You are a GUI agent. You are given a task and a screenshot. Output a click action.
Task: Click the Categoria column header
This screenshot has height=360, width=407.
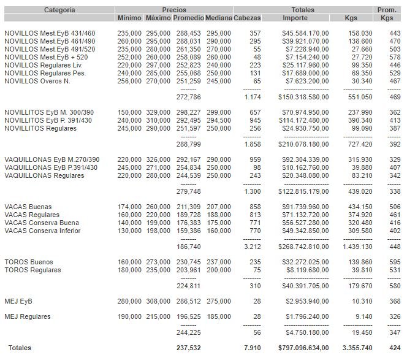pos(59,10)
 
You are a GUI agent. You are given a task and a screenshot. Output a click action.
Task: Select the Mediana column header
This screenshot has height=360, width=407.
pos(218,18)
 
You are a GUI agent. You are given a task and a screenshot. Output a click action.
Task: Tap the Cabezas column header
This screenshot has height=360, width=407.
pos(247,18)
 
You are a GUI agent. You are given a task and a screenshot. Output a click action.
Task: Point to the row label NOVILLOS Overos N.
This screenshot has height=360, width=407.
pos(37,80)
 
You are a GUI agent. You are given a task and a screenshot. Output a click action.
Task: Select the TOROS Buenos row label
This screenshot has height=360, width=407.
pos(29,262)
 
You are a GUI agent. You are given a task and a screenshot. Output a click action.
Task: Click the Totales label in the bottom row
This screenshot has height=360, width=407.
pos(18,348)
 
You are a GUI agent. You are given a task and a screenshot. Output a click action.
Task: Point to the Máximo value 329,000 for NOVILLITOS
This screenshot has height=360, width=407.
pos(159,112)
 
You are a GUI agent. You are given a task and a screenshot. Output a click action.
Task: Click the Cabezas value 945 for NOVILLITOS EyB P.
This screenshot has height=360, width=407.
pos(255,120)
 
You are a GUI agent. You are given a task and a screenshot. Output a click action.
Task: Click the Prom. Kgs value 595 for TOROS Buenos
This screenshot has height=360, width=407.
pos(395,262)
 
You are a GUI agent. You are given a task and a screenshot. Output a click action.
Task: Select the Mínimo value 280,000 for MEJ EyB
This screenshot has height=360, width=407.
pos(131,301)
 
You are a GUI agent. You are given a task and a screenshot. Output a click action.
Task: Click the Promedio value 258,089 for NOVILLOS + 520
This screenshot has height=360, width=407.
pos(189,56)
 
